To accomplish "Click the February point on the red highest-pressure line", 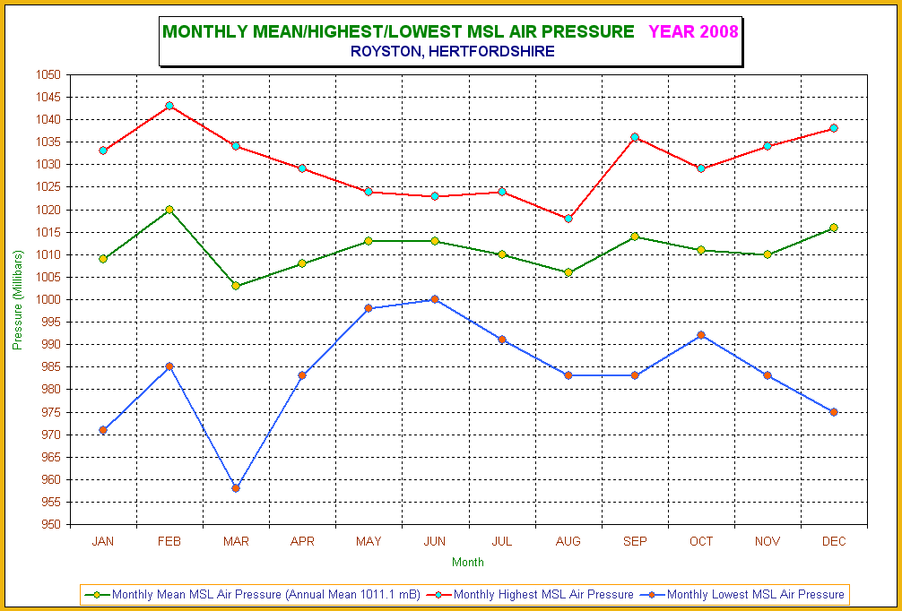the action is point(169,106).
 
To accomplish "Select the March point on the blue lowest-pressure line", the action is point(235,488).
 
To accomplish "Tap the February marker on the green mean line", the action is point(169,210).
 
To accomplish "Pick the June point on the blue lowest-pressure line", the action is point(435,299).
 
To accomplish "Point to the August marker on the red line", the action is point(568,219).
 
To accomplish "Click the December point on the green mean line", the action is point(834,228).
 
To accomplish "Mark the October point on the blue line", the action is point(700,335).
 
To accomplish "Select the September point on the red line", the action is point(635,137).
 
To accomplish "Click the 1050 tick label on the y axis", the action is point(48,74).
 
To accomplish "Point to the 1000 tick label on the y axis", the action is point(48,299).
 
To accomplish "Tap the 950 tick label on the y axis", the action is point(50,525).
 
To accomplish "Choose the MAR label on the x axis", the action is point(236,541).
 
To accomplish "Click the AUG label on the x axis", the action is point(568,541).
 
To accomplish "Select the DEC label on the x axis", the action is point(834,541).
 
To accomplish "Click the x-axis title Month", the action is point(468,562).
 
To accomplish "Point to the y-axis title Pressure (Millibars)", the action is point(18,299).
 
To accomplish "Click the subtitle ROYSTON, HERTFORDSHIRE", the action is point(453,52).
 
